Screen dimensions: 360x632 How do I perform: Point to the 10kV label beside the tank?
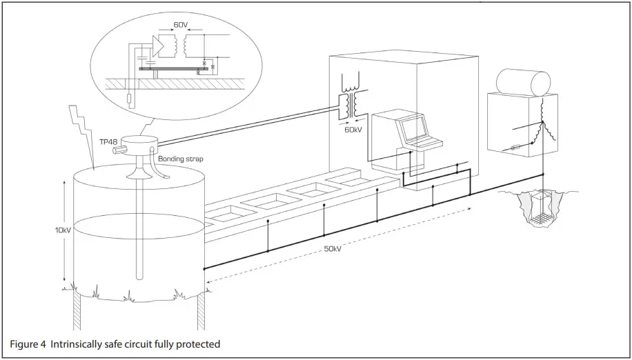(53, 230)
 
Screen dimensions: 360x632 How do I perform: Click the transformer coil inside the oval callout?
(175, 46)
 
